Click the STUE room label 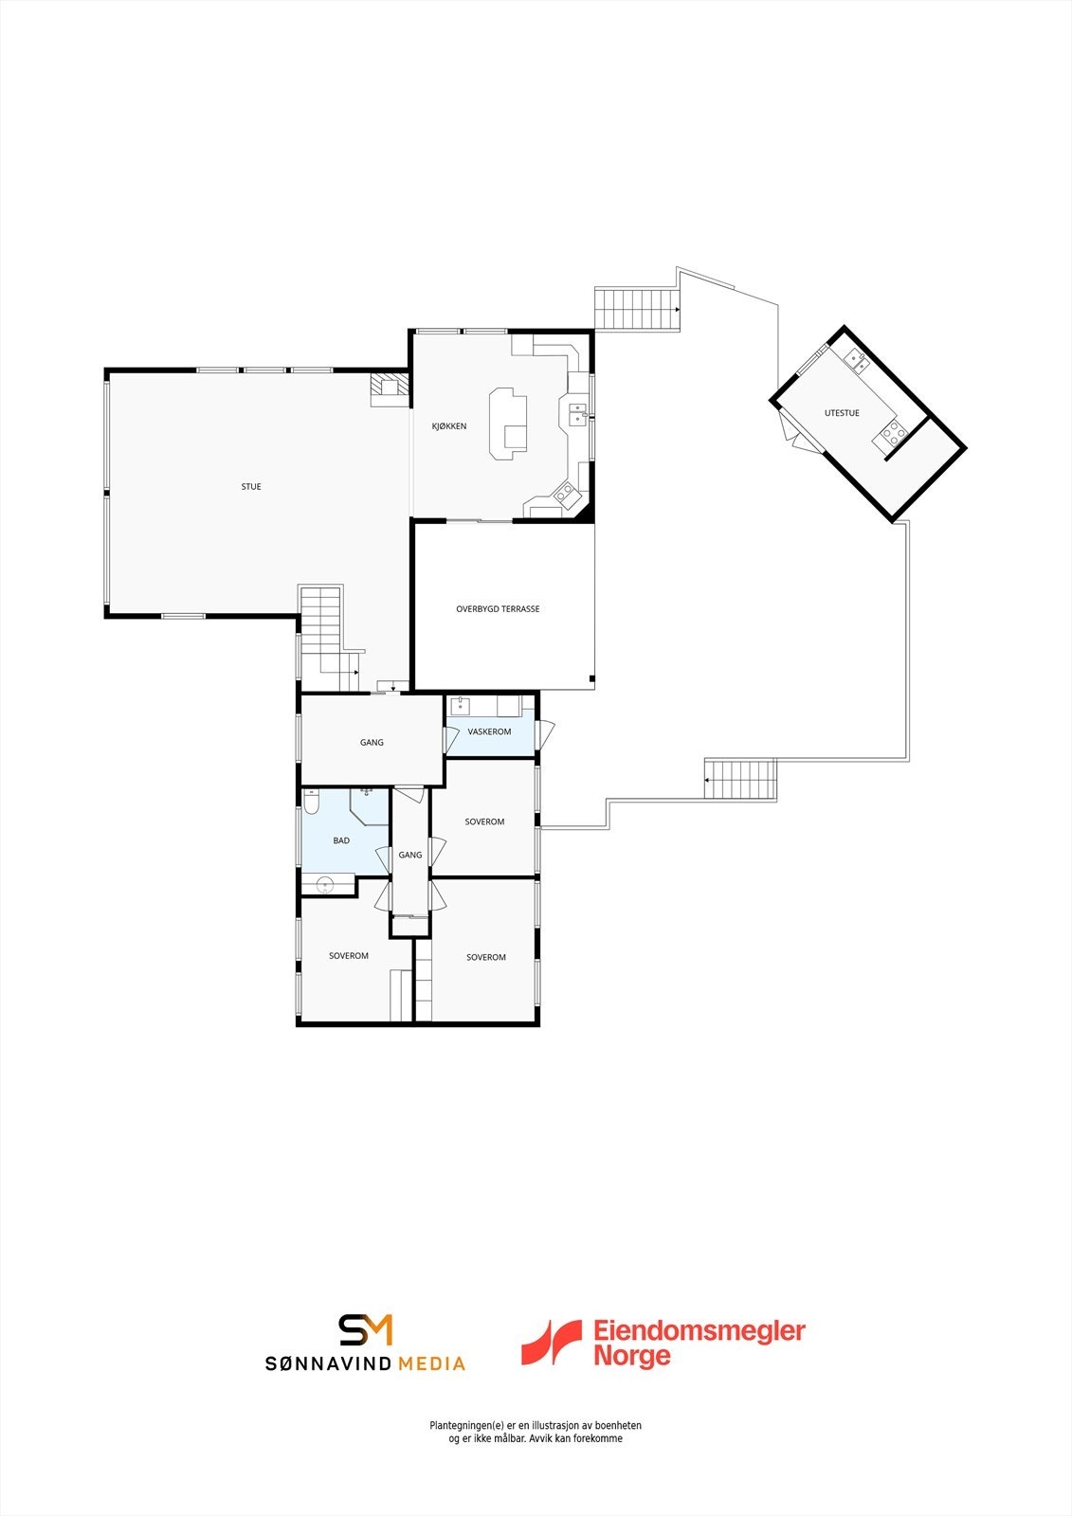[251, 487]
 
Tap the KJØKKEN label [449, 426]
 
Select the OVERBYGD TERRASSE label [498, 609]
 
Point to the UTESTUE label [842, 413]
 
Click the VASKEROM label [489, 731]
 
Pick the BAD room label [341, 840]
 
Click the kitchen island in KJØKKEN [507, 424]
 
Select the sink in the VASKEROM [461, 705]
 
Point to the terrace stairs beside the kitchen [637, 309]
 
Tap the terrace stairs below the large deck [741, 780]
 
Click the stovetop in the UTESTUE [893, 434]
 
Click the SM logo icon [366, 1329]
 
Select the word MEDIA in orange [431, 1364]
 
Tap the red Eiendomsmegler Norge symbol [551, 1342]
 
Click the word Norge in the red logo [631, 1356]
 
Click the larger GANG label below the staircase [372, 743]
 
